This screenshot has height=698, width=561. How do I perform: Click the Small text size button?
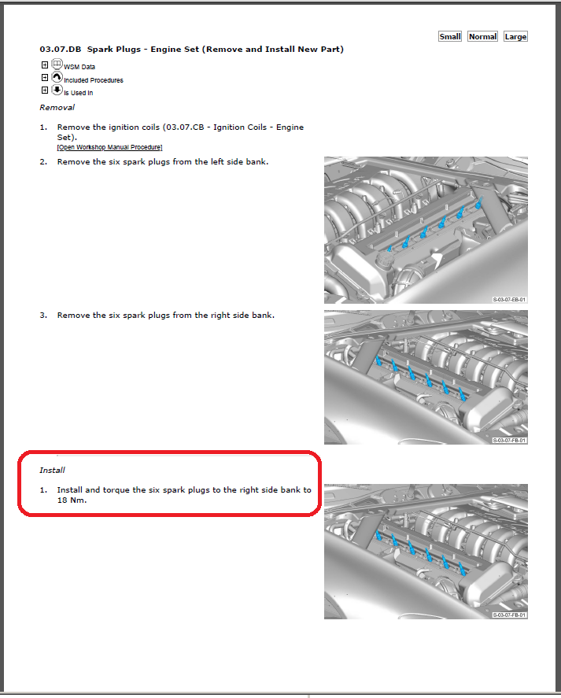(x=450, y=36)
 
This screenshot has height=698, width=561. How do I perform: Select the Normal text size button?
(x=482, y=36)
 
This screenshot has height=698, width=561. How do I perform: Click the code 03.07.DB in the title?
(x=60, y=50)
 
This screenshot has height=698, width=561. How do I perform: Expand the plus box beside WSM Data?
(x=44, y=65)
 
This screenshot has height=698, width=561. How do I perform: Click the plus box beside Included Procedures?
(x=44, y=78)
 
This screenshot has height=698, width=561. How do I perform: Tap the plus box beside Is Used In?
(x=44, y=90)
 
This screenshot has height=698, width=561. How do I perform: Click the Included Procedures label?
(x=93, y=80)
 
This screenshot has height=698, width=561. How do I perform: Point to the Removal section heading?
(x=57, y=107)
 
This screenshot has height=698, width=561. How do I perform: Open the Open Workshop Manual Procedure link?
(x=109, y=147)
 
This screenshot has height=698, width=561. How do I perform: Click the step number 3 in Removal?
(x=43, y=315)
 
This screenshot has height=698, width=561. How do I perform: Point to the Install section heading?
(x=52, y=470)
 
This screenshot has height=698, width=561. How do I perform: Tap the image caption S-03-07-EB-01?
(x=510, y=300)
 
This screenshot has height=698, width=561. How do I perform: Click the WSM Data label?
(x=79, y=68)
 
